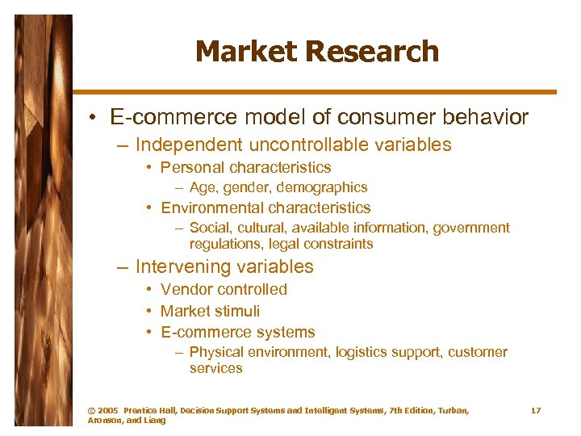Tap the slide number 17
pos(535,411)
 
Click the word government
pos(471,228)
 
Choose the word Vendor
pos(184,289)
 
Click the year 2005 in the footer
pos(108,411)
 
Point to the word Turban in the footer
pos(448,411)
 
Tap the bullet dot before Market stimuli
pos(150,311)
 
